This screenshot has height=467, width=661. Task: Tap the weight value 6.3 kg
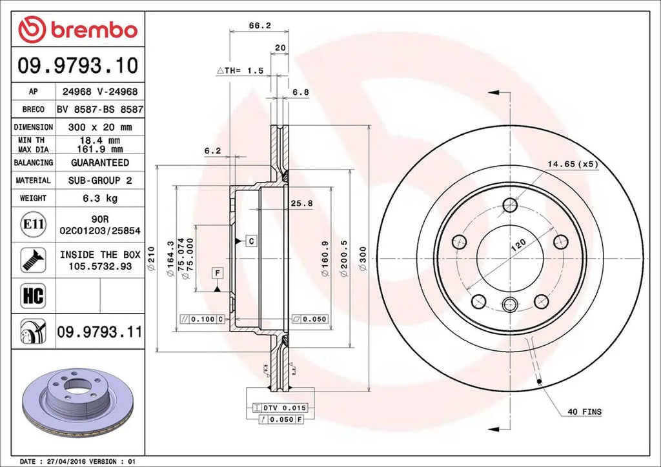pyautogui.click(x=99, y=198)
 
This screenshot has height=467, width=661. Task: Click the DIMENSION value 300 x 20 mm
pyautogui.click(x=99, y=127)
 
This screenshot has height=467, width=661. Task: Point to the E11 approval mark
pyautogui.click(x=32, y=224)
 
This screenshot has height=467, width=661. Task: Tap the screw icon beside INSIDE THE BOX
pyautogui.click(x=32, y=259)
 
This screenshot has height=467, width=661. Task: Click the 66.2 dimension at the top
pyautogui.click(x=259, y=26)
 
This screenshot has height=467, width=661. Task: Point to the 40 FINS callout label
pyautogui.click(x=585, y=412)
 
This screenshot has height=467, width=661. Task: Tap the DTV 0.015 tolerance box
pyautogui.click(x=282, y=408)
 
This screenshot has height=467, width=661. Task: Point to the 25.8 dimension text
pyautogui.click(x=301, y=203)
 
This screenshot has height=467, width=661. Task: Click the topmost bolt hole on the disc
pyautogui.click(x=510, y=205)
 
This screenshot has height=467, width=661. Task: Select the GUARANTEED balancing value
pyautogui.click(x=99, y=163)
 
